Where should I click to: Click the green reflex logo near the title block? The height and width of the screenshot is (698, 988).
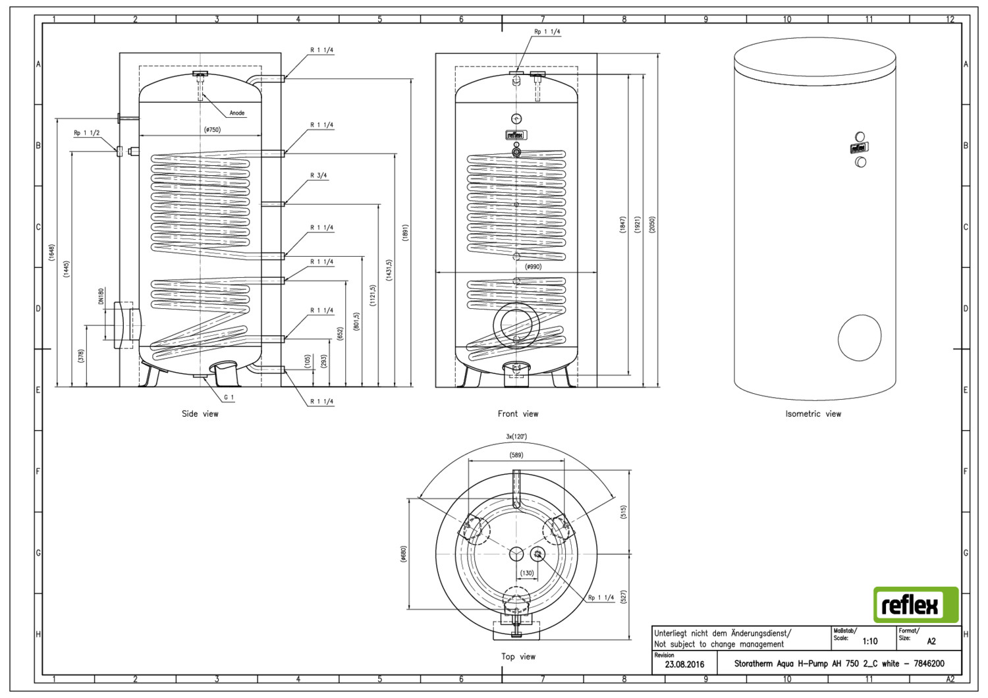(x=916, y=604)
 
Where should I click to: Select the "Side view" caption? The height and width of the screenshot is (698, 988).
(x=200, y=414)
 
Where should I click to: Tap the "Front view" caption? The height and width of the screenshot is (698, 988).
(x=518, y=414)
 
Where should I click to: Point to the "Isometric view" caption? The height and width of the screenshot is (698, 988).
(x=813, y=414)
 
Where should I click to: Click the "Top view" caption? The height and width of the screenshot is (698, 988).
(x=518, y=657)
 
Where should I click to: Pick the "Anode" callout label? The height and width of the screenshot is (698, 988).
(x=237, y=113)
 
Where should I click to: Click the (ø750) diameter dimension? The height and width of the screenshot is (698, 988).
(x=212, y=130)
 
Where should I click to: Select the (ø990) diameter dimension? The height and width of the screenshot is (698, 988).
(x=533, y=267)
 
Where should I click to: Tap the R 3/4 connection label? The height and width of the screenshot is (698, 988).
(x=319, y=176)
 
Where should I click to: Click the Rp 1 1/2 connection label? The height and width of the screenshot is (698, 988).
(x=86, y=133)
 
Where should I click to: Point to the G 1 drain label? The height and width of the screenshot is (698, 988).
(x=229, y=397)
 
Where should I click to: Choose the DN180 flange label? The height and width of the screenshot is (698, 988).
(x=101, y=296)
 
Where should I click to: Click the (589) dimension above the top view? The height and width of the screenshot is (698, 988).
(x=517, y=455)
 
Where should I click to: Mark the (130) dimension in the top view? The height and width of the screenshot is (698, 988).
(x=527, y=573)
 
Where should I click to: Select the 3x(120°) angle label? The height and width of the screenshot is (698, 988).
(x=516, y=437)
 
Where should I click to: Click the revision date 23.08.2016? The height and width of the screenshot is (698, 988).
(x=684, y=664)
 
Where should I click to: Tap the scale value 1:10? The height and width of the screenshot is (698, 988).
(x=869, y=641)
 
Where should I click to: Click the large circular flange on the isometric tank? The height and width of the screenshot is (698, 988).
(x=859, y=337)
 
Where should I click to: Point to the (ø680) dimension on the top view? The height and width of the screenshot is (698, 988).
(x=403, y=554)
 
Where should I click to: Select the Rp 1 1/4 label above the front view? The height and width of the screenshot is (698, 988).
(x=547, y=32)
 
